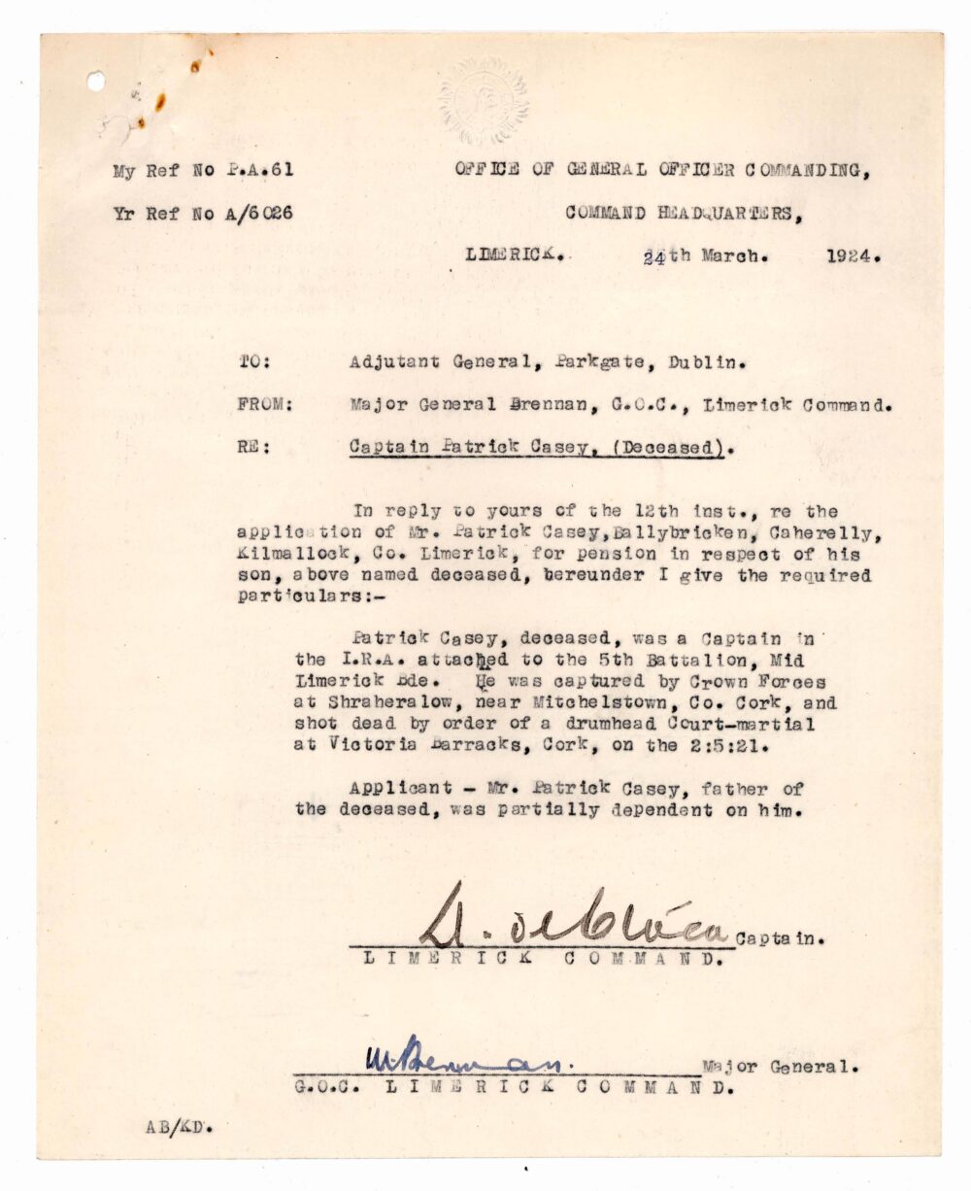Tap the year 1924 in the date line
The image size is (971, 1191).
[854, 257]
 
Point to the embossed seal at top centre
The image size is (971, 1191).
[483, 98]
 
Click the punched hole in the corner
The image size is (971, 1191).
[96, 82]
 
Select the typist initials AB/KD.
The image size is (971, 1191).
[179, 1127]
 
